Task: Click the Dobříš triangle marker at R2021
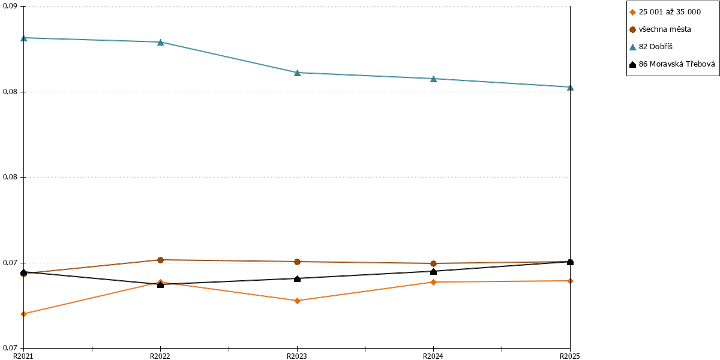point(24,38)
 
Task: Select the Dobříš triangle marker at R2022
point(160,42)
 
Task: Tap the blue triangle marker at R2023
point(298,73)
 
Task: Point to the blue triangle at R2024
point(433,79)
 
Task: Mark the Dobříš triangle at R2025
point(570,87)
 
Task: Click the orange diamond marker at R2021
point(24,314)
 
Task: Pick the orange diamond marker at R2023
point(298,301)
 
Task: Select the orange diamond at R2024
point(433,282)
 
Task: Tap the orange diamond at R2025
point(570,281)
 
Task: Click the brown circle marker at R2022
point(160,260)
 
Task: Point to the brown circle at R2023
point(298,262)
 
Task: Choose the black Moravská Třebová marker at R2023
point(298,278)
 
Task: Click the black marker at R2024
point(433,272)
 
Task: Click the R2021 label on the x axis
point(23,356)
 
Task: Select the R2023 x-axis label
point(296,356)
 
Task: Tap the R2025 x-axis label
point(570,356)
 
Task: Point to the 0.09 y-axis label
point(10,6)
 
